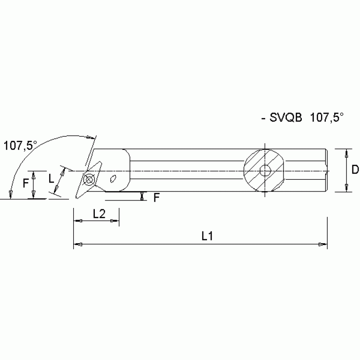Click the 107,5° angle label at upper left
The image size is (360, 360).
(20, 146)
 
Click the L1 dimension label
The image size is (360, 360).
(207, 237)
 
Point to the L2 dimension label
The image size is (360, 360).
(99, 214)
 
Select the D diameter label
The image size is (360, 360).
(355, 170)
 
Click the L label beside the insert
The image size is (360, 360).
(52, 178)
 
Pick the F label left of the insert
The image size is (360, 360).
(25, 183)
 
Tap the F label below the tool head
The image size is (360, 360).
(157, 198)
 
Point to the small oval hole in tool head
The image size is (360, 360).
(113, 178)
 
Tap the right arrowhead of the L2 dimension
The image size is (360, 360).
(115, 221)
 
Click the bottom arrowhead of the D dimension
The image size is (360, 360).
(346, 189)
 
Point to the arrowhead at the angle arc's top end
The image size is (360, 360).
(91, 138)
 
